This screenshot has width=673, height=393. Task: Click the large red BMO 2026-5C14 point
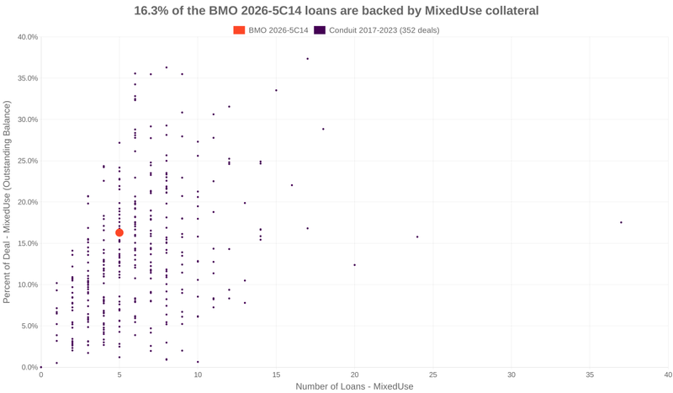(119, 232)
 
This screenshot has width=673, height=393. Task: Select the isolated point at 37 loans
(621, 222)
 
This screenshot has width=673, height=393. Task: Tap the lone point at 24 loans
(417, 236)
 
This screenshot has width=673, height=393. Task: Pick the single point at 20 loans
(354, 265)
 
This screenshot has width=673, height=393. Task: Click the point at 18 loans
(323, 129)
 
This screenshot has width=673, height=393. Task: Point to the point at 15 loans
(276, 90)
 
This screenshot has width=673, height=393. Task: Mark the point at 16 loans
(292, 185)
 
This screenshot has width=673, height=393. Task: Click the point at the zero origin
(41, 367)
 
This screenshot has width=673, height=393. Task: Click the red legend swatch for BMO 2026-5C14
(240, 30)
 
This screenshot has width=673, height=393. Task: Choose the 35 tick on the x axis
(590, 374)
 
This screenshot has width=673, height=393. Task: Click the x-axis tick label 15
(276, 374)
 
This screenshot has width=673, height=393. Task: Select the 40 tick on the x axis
(668, 374)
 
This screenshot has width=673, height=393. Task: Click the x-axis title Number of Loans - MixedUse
(354, 386)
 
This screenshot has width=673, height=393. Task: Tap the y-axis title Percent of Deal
(8, 202)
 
